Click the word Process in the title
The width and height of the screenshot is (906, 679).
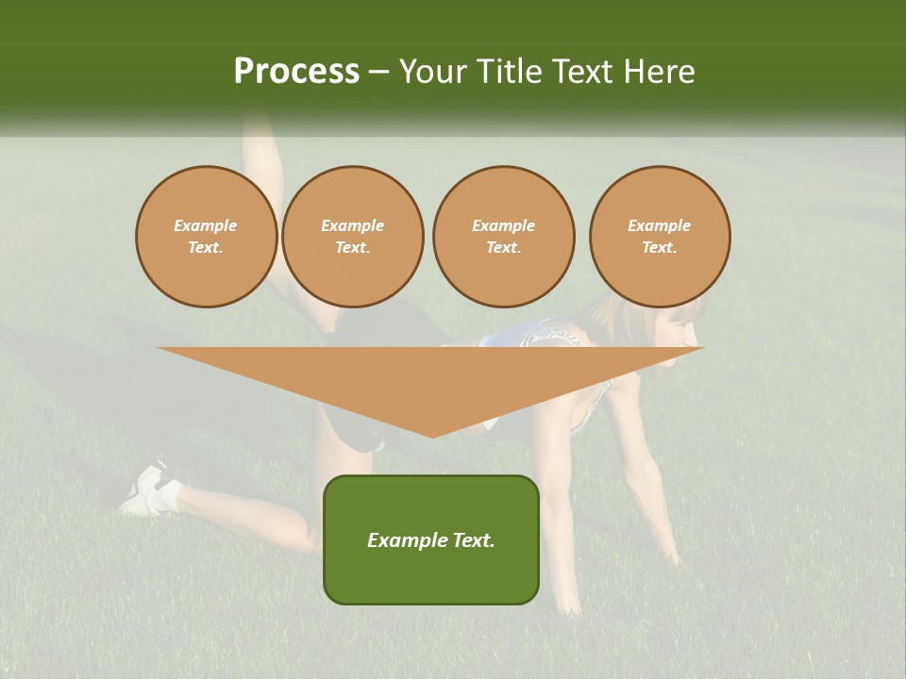(x=296, y=72)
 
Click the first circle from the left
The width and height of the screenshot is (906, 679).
(x=206, y=237)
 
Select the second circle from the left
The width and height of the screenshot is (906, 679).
(x=352, y=237)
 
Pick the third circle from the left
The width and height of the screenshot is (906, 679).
(x=503, y=237)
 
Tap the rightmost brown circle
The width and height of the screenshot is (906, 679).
(x=660, y=237)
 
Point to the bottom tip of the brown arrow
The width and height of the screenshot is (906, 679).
(x=431, y=436)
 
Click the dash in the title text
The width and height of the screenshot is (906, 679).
(x=378, y=72)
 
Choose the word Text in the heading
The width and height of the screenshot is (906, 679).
(x=582, y=72)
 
